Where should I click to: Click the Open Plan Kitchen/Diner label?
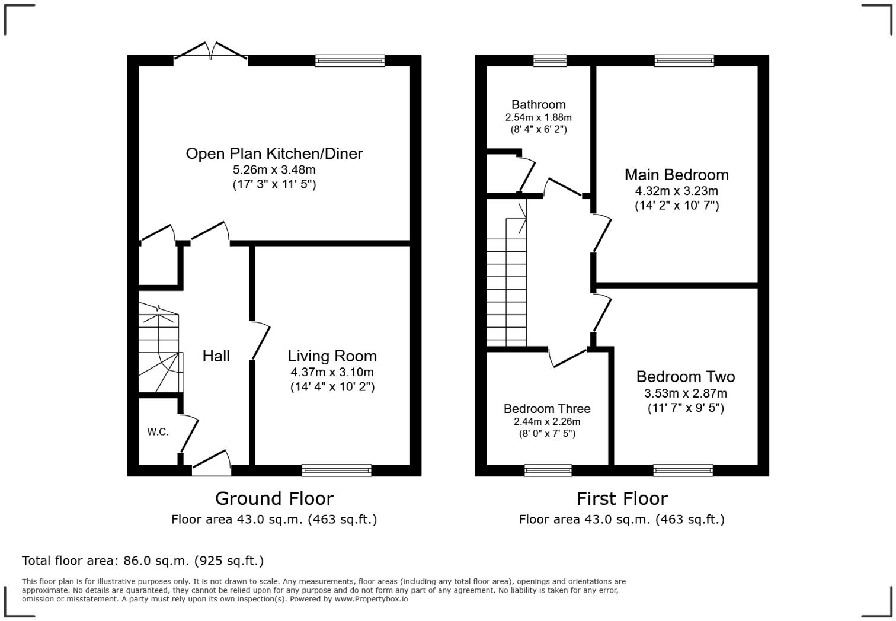click(x=274, y=153)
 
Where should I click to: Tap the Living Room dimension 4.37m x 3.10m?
click(x=332, y=372)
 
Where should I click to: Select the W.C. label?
click(x=158, y=432)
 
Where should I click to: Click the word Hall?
click(x=216, y=356)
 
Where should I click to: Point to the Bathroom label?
click(x=538, y=105)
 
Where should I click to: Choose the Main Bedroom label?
click(x=676, y=175)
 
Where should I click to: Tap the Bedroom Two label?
click(x=685, y=377)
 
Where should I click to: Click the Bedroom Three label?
click(x=546, y=409)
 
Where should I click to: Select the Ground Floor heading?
click(x=274, y=498)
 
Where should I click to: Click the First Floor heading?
click(x=622, y=498)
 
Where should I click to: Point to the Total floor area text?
click(x=142, y=561)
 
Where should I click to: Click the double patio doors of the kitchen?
click(x=211, y=52)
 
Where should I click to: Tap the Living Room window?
click(x=337, y=470)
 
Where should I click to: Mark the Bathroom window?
click(x=549, y=60)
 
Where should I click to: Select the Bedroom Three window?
click(x=548, y=470)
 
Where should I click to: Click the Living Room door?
click(x=260, y=341)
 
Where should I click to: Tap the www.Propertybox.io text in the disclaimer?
click(x=372, y=599)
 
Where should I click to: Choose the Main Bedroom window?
click(x=684, y=60)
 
